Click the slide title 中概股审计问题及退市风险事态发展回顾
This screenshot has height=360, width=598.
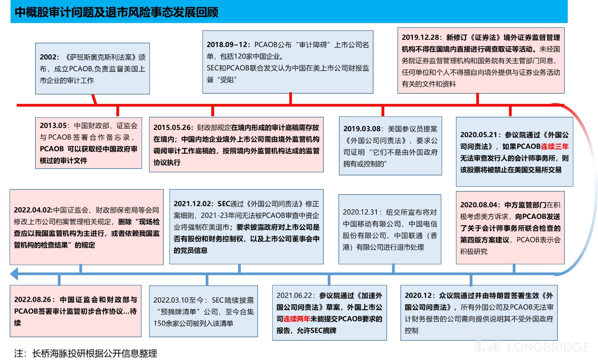(x=116, y=12)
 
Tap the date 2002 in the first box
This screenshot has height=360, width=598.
(x=49, y=57)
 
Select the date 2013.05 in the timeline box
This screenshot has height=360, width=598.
(x=53, y=126)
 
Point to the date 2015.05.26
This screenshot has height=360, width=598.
(x=173, y=128)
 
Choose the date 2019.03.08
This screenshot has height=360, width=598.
(x=362, y=129)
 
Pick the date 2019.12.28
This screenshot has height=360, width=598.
(x=421, y=37)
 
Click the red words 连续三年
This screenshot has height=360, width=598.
(x=555, y=147)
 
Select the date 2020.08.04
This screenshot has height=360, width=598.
(x=480, y=205)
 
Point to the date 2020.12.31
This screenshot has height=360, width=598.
(x=360, y=212)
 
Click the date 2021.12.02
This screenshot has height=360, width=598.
(x=193, y=204)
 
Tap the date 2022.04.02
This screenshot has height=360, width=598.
(x=33, y=210)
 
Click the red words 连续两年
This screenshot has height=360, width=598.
(x=297, y=319)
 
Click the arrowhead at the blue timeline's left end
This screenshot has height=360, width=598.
(x=14, y=274)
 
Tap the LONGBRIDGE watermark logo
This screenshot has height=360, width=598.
(x=532, y=346)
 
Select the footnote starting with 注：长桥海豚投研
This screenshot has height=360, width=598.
(x=86, y=353)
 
